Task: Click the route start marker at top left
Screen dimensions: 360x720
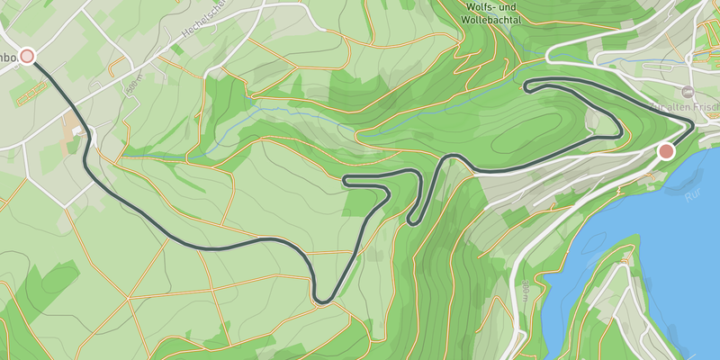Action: pos(27,57)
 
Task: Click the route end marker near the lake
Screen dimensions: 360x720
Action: pos(666,151)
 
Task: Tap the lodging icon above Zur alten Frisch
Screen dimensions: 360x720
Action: pos(688,92)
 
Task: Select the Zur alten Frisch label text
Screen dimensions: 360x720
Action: pos(684,107)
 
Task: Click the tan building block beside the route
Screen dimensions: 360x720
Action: pos(72,126)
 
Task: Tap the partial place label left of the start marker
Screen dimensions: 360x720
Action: pos(7,58)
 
